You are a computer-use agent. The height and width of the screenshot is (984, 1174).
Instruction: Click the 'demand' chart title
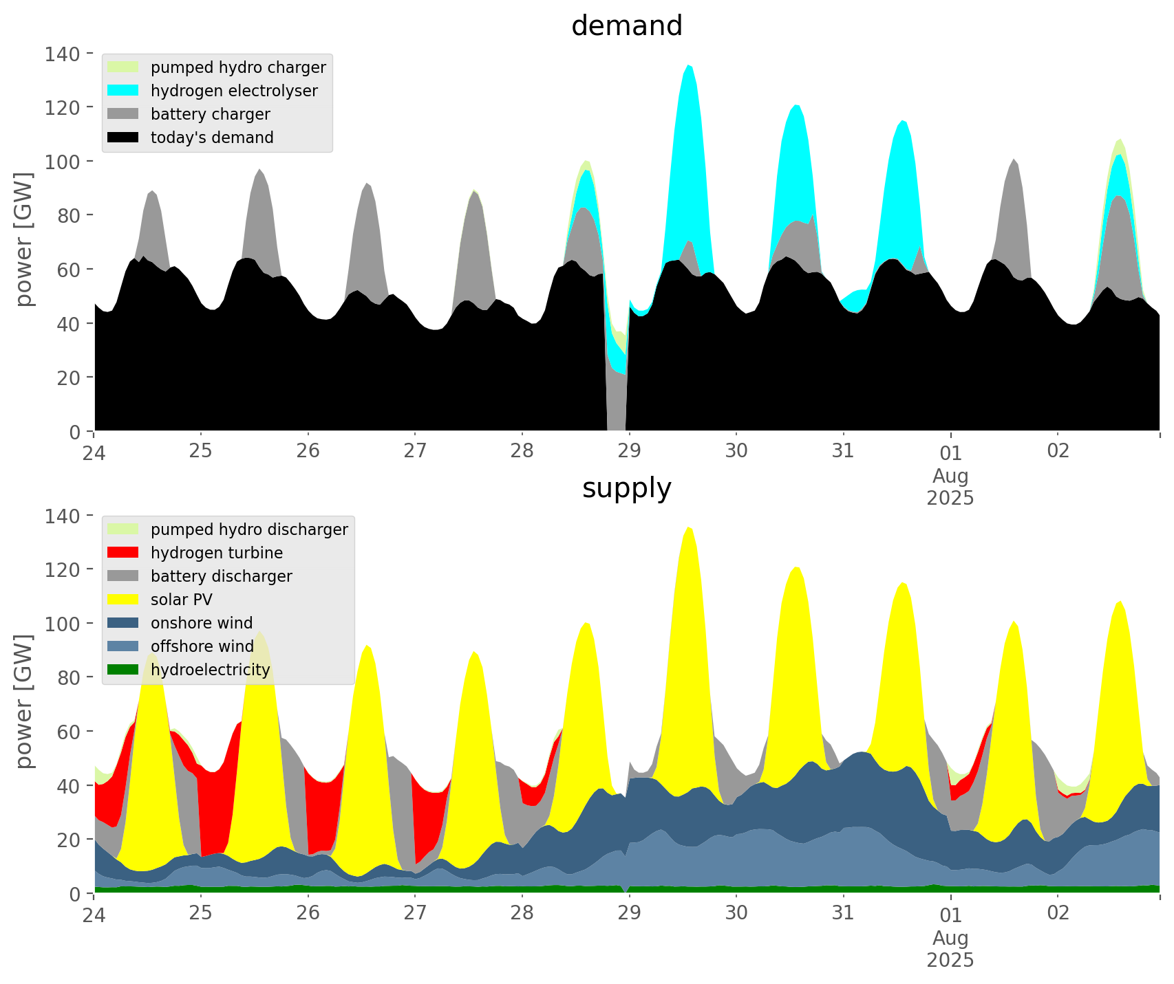(x=626, y=26)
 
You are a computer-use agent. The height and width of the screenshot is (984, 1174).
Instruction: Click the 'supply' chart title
(x=626, y=488)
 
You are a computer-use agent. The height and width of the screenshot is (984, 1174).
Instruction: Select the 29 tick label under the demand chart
(x=629, y=451)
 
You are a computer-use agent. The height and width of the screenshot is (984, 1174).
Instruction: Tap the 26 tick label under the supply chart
(x=308, y=913)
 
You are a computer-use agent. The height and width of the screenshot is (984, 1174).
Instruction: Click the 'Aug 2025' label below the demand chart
(x=950, y=487)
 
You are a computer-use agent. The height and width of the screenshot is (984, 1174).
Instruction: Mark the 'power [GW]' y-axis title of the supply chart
(x=24, y=701)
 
